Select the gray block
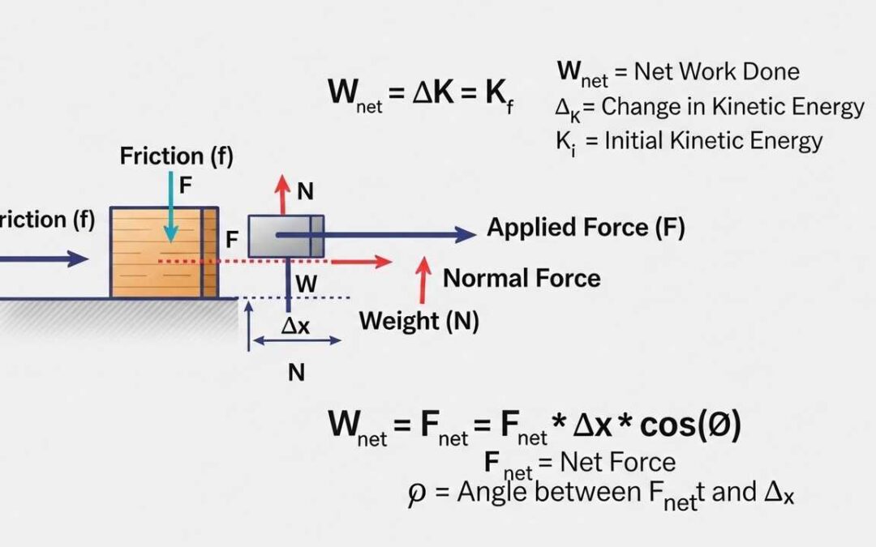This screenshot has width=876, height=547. (286, 236)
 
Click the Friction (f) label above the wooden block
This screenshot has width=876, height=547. (176, 156)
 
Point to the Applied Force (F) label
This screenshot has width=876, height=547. (586, 228)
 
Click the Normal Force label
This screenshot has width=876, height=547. (522, 279)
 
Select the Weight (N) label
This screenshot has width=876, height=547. (419, 321)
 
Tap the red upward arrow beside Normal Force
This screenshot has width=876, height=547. (423, 280)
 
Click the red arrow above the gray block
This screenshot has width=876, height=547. (281, 193)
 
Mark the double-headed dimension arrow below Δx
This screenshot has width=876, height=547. (297, 341)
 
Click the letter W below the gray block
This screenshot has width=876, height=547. (306, 284)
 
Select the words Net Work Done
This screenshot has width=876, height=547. (717, 71)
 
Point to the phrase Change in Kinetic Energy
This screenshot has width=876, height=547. (733, 107)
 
